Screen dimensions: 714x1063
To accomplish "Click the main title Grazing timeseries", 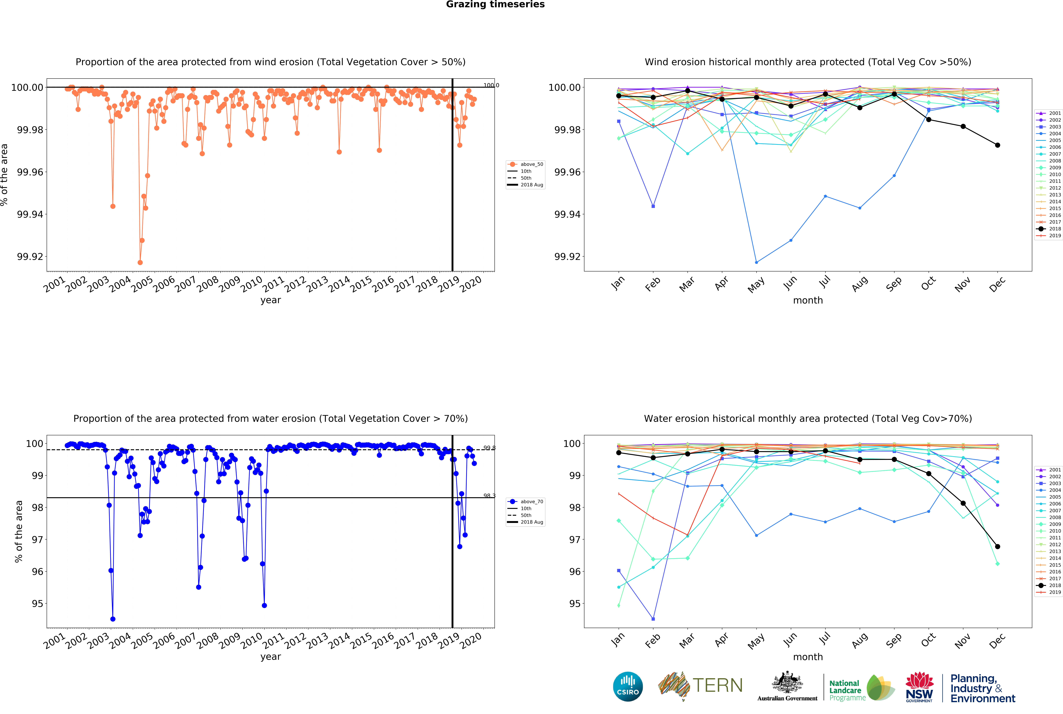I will pos(495,5).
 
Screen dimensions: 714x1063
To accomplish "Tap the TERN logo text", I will pos(717,685).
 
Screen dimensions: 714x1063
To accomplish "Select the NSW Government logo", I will pos(919,687).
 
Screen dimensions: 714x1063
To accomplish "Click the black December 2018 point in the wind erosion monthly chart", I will pos(997,145).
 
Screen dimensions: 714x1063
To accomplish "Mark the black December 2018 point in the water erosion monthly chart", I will pos(997,546).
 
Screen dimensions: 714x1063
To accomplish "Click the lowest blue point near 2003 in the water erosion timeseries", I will pos(113,619).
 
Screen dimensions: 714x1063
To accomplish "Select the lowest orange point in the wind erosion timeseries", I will pos(140,263).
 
